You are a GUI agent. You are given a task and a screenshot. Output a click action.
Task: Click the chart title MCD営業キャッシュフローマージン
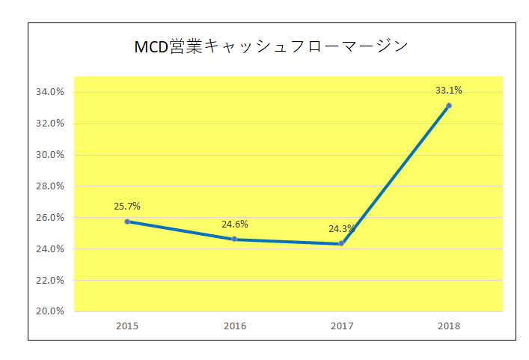pos(271,46)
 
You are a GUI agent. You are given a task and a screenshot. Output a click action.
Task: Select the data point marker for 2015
pos(127,222)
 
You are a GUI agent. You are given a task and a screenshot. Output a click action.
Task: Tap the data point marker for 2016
pos(234,239)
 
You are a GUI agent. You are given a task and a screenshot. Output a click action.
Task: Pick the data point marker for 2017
pos(341,243)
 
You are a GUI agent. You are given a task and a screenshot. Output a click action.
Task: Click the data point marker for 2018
pos(449,106)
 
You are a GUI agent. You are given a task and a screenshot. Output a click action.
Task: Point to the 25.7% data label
pos(127,206)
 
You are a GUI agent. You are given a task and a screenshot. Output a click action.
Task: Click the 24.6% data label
pos(234,224)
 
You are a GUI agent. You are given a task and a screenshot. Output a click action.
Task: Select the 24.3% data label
pos(341,228)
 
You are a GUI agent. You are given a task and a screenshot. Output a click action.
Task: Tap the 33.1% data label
pos(449,91)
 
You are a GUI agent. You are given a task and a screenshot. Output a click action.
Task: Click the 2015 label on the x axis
pos(127,326)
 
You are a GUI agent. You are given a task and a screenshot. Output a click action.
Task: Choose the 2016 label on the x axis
pos(234,326)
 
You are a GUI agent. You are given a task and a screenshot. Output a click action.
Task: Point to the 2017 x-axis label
pos(341,326)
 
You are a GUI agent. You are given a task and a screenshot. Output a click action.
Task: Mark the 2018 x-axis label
pos(449,326)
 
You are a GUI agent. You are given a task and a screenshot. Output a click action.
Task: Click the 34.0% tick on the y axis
pos(50,92)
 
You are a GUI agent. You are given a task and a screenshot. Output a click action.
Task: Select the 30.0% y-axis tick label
pos(50,155)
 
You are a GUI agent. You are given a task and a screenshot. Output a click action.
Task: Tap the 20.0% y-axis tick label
pos(50,311)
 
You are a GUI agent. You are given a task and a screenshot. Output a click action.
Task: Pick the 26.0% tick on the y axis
pos(50,218)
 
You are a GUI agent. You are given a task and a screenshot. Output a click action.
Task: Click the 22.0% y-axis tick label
pos(50,280)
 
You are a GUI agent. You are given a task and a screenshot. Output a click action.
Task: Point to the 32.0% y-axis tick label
pos(50,123)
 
